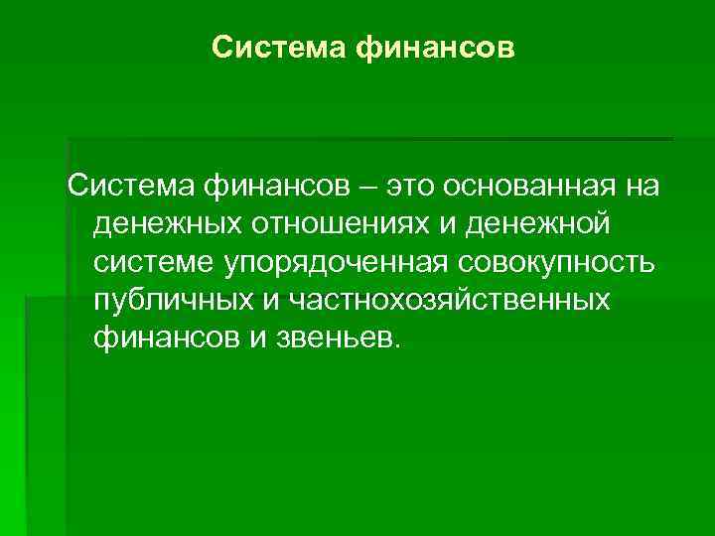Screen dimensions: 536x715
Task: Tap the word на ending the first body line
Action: pyautogui.click(x=646, y=186)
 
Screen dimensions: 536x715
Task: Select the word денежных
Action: pyautogui.click(x=166, y=224)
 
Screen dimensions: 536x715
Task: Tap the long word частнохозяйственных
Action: pyautogui.click(x=443, y=300)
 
